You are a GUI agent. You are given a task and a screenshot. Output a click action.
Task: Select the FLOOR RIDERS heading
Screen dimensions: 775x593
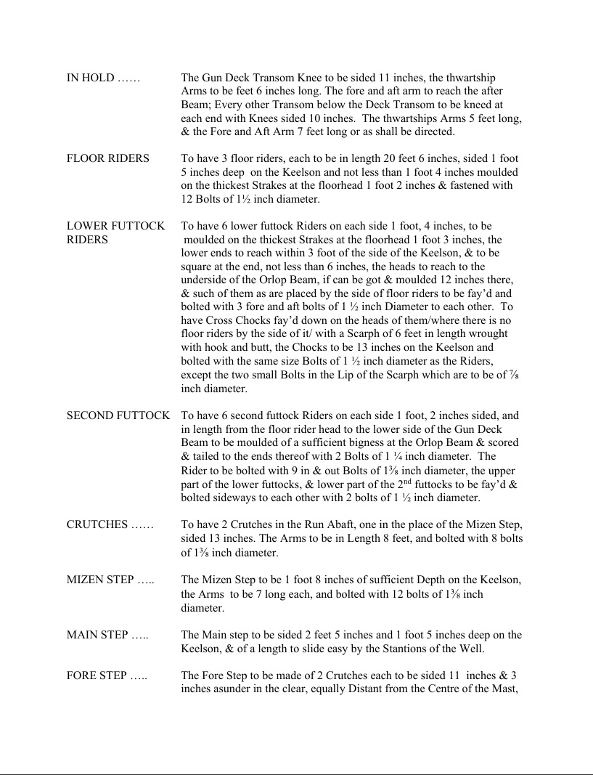[x=107, y=158]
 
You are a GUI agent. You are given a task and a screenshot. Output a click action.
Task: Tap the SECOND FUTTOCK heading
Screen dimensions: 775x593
[x=118, y=415]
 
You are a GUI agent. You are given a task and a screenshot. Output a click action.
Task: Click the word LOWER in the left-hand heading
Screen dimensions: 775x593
[x=89, y=226]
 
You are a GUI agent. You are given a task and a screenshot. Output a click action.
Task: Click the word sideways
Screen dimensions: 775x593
[x=220, y=498]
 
